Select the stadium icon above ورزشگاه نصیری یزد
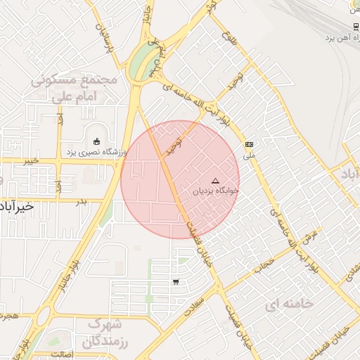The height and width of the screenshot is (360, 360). pos(96,140)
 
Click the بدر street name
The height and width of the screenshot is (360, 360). pos(81,201)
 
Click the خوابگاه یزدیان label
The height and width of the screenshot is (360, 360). pos(216,191)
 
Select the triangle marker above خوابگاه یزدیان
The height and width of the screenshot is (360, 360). pos(215,181)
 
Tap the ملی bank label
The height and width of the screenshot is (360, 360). pos(248,155)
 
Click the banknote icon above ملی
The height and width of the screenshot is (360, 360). pos(249,144)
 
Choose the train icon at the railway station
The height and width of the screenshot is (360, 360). pos(355,26)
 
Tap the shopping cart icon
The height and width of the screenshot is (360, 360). pos(175,282)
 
